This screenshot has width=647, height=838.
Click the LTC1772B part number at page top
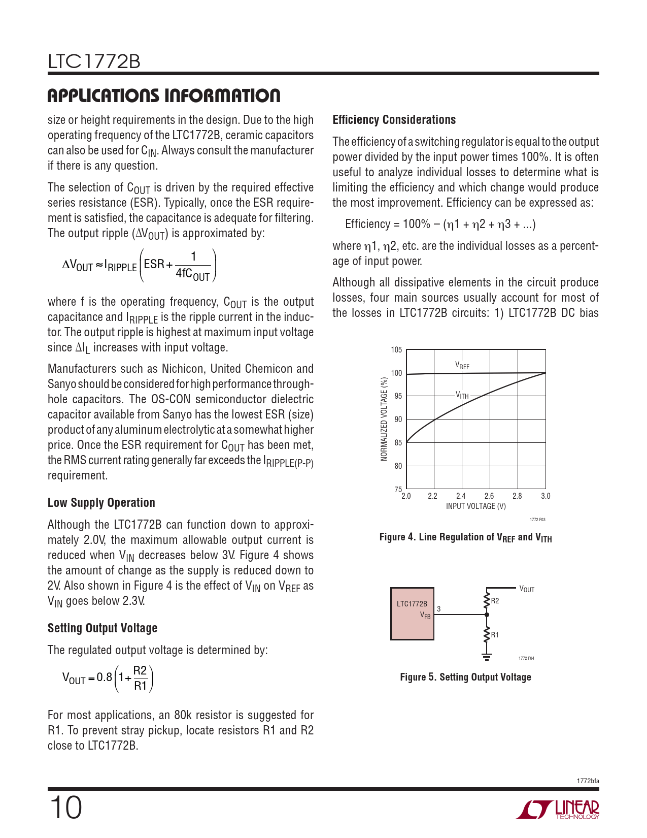[x=94, y=62]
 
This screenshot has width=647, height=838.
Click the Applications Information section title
[x=163, y=95]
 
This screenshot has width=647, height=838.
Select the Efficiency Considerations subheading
[x=394, y=120]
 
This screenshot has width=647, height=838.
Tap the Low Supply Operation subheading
[x=101, y=503]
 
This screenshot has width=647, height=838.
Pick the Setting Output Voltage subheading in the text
[x=102, y=628]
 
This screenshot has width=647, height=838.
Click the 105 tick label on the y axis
[x=396, y=350]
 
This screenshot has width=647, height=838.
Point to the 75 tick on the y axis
[x=398, y=489]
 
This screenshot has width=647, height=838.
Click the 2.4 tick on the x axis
[x=461, y=496]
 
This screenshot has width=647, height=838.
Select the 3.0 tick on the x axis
[x=546, y=496]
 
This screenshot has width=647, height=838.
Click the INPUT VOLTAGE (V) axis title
[x=475, y=506]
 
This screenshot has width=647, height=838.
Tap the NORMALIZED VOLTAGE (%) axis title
[x=384, y=419]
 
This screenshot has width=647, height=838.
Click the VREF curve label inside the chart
[x=462, y=365]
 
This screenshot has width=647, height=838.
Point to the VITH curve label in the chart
[x=462, y=395]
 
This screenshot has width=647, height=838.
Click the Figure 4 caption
[x=465, y=537]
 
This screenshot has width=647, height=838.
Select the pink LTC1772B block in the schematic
[x=412, y=614]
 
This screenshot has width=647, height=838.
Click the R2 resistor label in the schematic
[x=495, y=601]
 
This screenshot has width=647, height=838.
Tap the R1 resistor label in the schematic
[x=495, y=635]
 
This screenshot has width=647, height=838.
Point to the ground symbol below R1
[x=487, y=657]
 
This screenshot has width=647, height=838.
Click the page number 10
[x=65, y=808]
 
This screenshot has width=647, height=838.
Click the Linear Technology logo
[x=558, y=810]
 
